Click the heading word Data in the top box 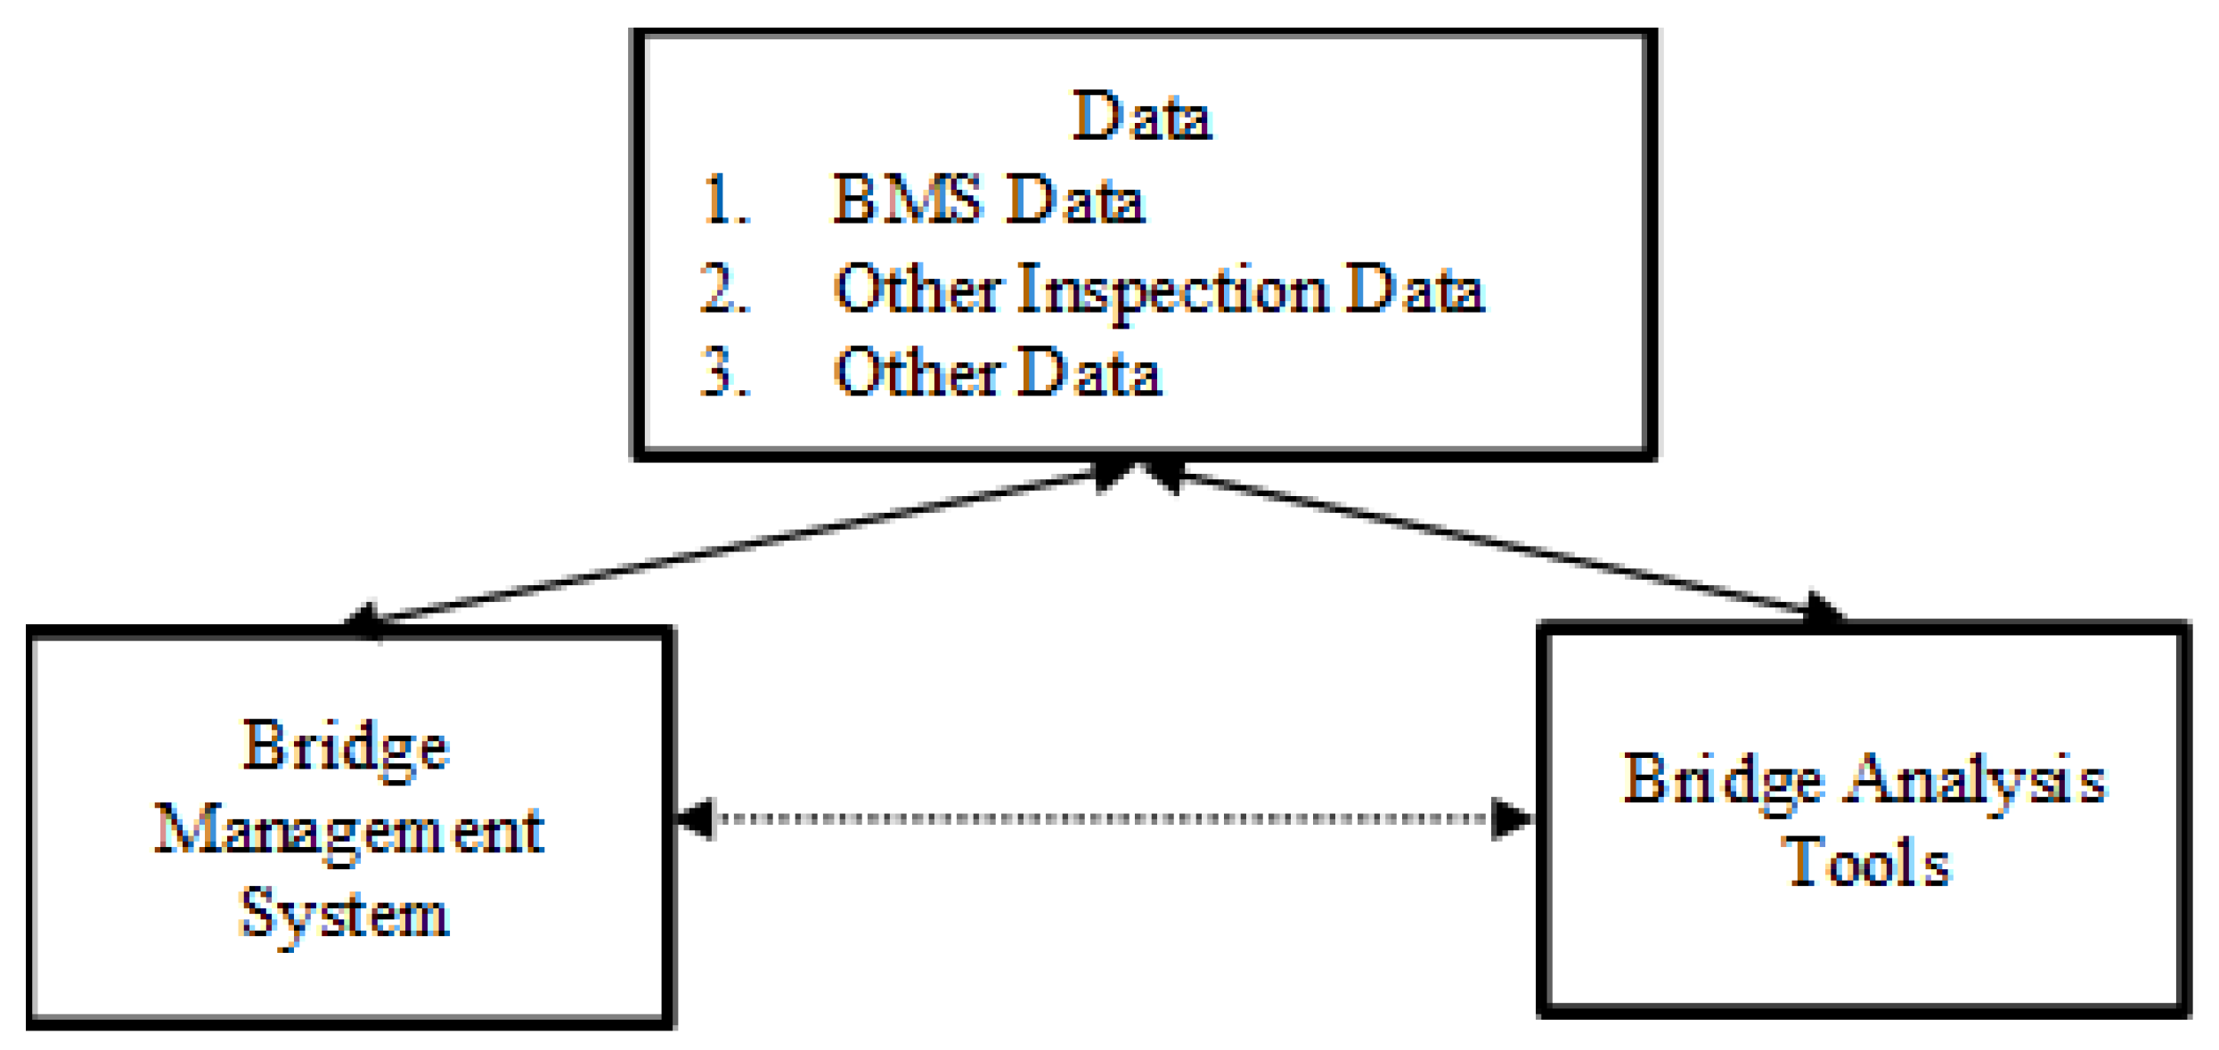(x=1141, y=117)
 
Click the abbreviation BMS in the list (x=906, y=199)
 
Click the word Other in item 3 (x=918, y=372)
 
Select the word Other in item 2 (x=918, y=289)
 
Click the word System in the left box (x=345, y=916)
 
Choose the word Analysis (x=1977, y=781)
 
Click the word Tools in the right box (x=1869, y=864)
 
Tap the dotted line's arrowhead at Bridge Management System (x=697, y=818)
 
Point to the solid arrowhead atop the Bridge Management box (x=364, y=619)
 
